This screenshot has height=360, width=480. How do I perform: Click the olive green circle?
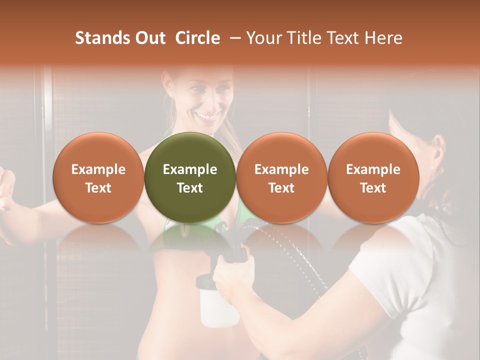tap(189, 177)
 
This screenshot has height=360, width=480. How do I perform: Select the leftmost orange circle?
tap(98, 177)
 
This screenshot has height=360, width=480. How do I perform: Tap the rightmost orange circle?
tap(373, 177)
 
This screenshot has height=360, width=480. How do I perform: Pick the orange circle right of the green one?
tap(281, 177)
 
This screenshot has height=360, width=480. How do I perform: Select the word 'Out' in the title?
tap(148, 38)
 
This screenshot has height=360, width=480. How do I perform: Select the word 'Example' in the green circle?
tap(189, 169)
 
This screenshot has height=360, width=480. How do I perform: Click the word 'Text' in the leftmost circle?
tap(98, 188)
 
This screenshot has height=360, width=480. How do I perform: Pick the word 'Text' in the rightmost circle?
tap(373, 188)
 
